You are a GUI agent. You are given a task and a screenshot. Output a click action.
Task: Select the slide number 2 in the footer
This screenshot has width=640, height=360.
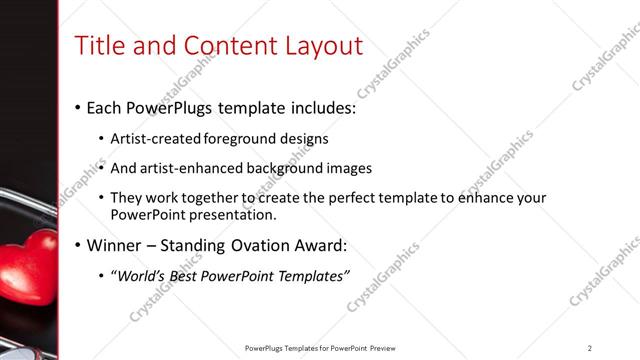point(590,348)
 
